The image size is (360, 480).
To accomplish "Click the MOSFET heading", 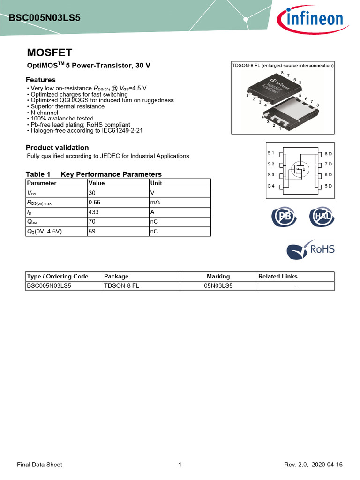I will (49, 52).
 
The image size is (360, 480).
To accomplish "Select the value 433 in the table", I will (94, 211).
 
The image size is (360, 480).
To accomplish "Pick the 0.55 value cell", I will (95, 202).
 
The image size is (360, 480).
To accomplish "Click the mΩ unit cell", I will (155, 202).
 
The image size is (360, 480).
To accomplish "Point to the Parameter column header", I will (42, 183).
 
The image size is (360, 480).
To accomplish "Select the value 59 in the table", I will (92, 231).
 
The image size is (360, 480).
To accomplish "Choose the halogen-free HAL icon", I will (320, 217).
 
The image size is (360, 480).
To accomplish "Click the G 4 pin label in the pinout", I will (270, 186).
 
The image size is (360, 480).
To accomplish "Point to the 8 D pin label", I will (328, 154).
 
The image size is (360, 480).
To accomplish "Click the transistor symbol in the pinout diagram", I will (298, 169).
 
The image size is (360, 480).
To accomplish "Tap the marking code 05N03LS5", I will (218, 285).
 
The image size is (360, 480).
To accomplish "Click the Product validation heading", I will (57, 147).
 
